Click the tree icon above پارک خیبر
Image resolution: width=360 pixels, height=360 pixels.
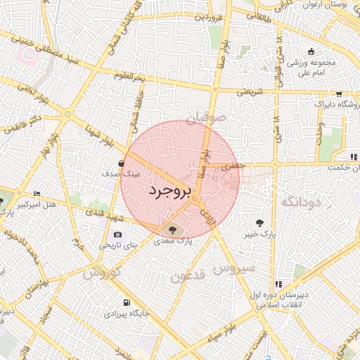(260, 222)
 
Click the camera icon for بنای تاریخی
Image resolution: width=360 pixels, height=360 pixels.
(117, 234)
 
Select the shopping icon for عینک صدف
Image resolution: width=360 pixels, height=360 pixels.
(122, 163)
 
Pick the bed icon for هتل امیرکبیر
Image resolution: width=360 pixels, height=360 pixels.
(37, 193)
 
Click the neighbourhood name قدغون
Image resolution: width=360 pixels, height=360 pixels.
(188, 276)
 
